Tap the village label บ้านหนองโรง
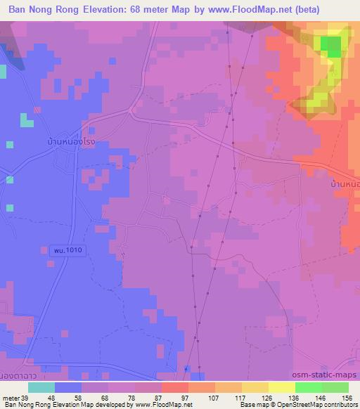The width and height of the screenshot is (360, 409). [x=67, y=141]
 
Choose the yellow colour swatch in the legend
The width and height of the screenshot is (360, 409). [x=281, y=387]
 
